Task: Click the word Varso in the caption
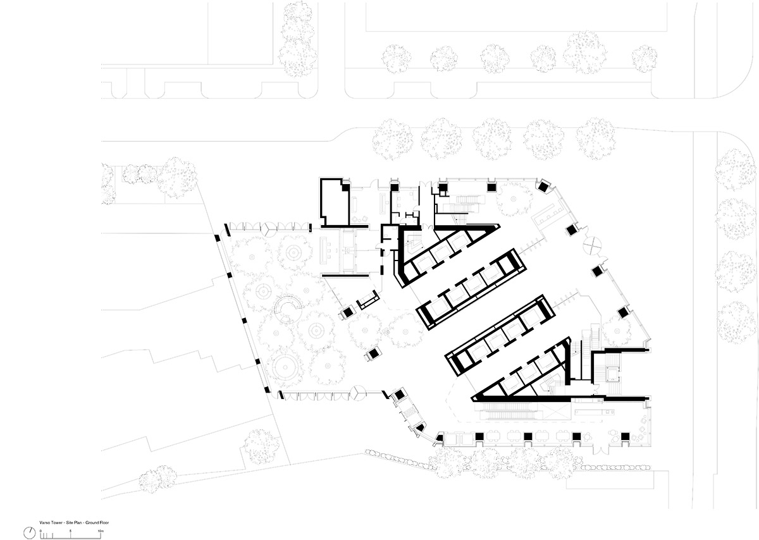point(42,523)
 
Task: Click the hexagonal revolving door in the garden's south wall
point(359,395)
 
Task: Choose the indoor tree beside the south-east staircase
point(617,329)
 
